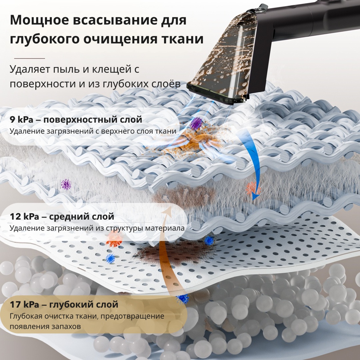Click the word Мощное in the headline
tap(39, 20)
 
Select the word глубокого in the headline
tap(44, 39)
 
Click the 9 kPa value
tap(21, 119)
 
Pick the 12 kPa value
tap(24, 216)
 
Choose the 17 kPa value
tap(24, 304)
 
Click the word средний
tap(69, 217)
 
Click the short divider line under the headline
tap(29, 58)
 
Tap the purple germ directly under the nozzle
tap(196, 124)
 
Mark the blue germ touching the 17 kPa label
tap(183, 298)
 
